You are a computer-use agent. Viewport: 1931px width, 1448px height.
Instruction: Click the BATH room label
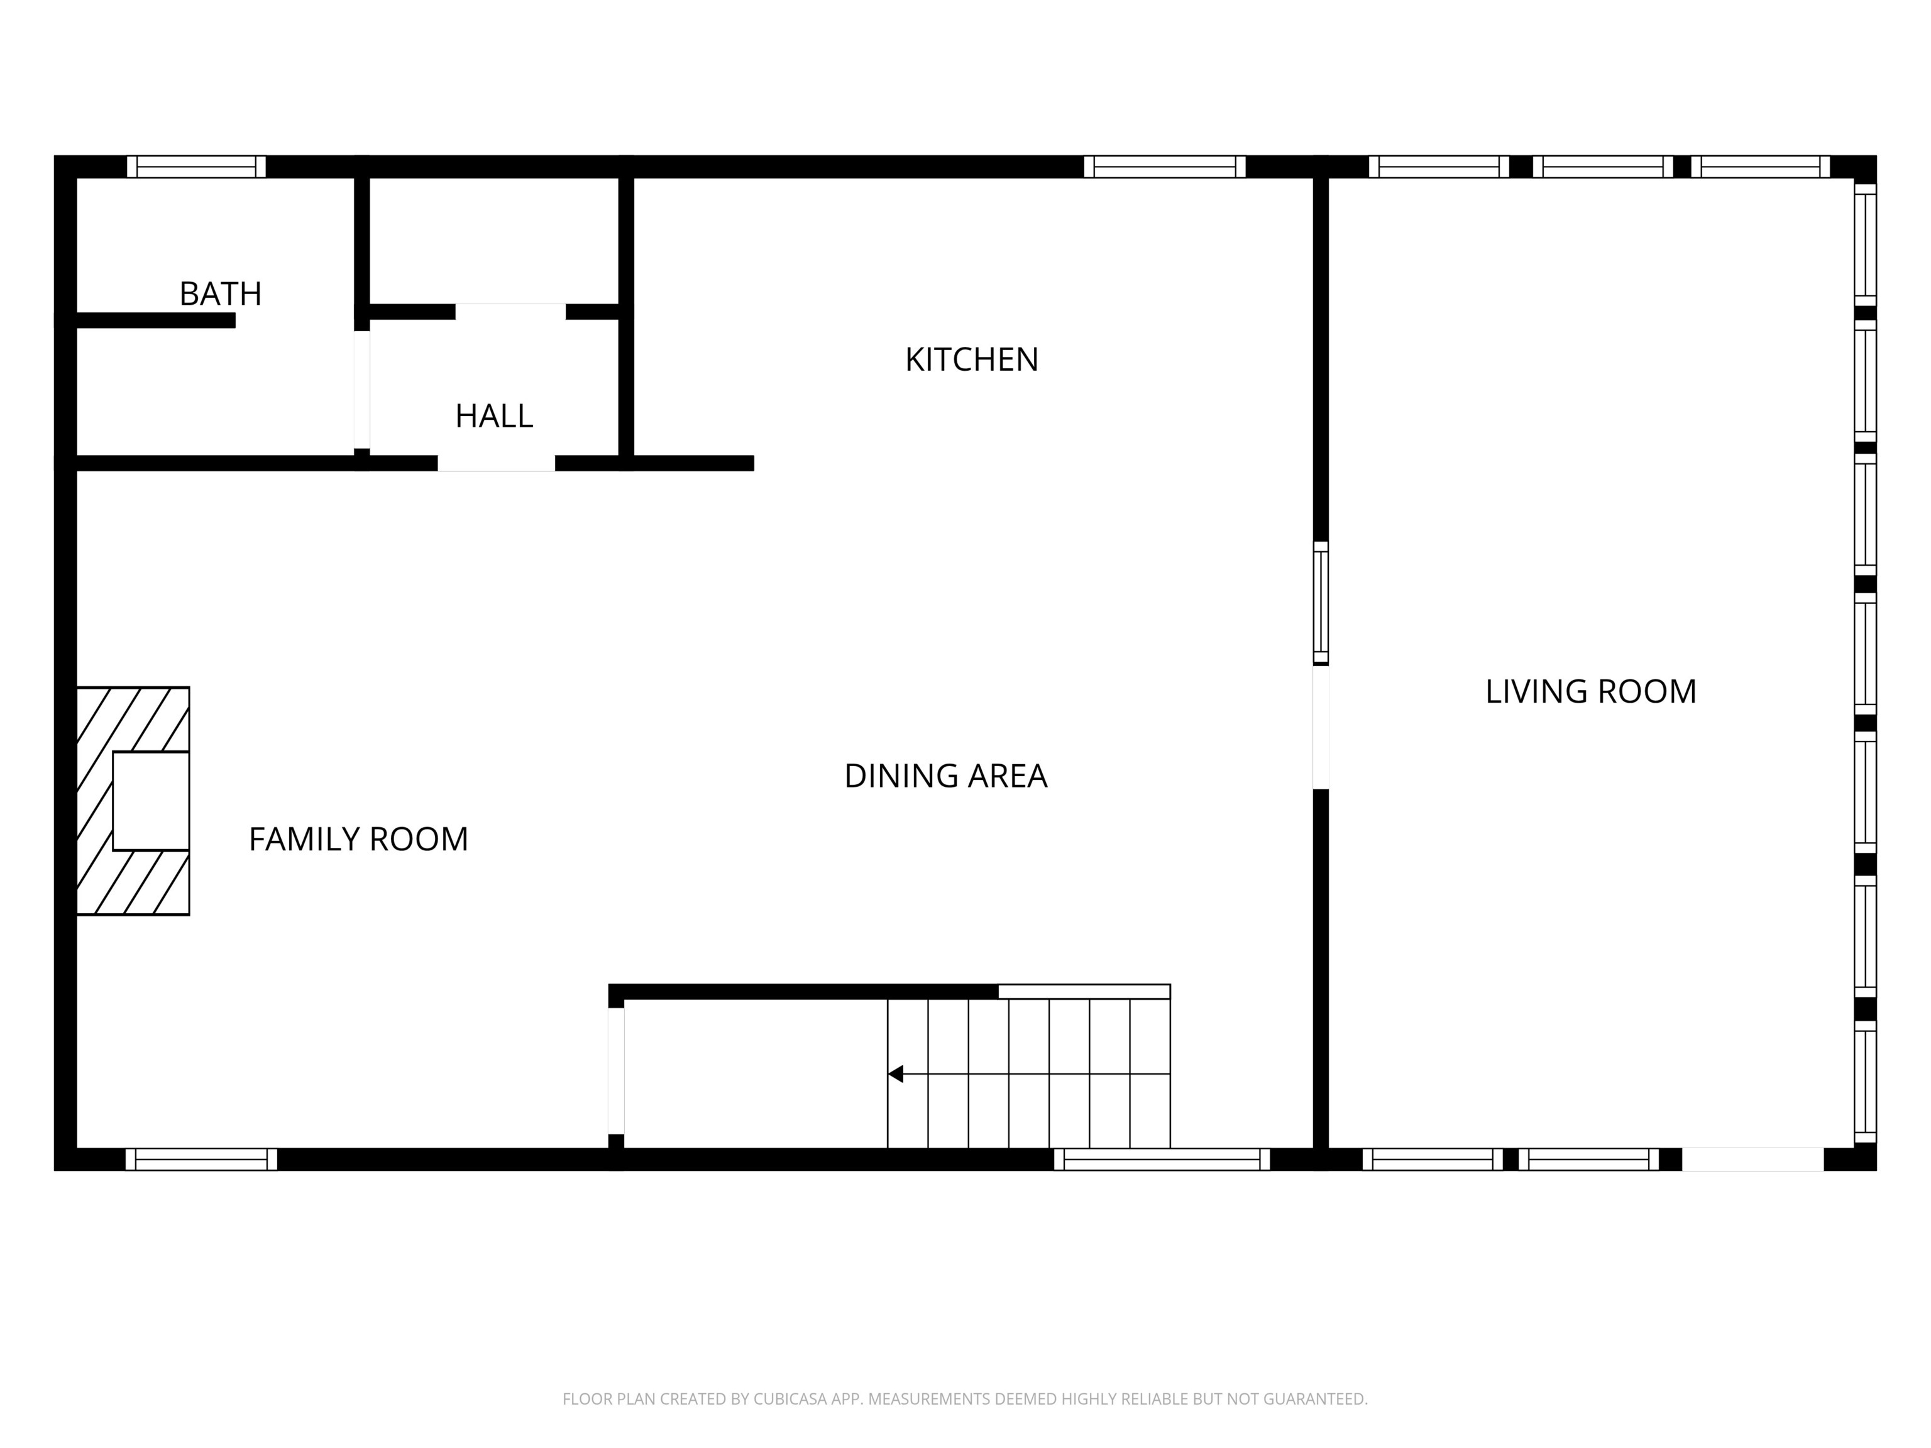pyautogui.click(x=220, y=294)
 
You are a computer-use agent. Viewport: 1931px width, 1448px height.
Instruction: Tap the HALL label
pyautogui.click(x=494, y=416)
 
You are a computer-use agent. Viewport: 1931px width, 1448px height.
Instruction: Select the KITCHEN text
pyautogui.click(x=972, y=359)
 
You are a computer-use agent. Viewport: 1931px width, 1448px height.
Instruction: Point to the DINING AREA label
pyautogui.click(x=945, y=776)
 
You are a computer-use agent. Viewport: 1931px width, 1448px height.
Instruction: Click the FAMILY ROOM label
pyautogui.click(x=358, y=840)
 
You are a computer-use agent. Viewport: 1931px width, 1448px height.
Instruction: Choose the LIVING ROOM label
pyautogui.click(x=1590, y=692)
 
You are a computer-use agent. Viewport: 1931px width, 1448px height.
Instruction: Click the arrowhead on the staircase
pyautogui.click(x=896, y=1073)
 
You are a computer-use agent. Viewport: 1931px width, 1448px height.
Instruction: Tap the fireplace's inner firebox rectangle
pyautogui.click(x=151, y=801)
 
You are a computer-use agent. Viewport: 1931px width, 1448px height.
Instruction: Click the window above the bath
pyautogui.click(x=196, y=167)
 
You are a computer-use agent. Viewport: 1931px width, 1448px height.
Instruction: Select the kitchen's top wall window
pyautogui.click(x=1165, y=167)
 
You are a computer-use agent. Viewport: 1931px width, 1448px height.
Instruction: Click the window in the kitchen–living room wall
pyautogui.click(x=1321, y=602)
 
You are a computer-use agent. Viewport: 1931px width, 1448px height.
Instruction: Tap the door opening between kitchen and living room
pyautogui.click(x=1321, y=728)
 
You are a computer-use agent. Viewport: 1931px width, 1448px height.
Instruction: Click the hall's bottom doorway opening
pyautogui.click(x=496, y=463)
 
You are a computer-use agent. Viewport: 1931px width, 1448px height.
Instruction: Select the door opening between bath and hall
pyautogui.click(x=361, y=389)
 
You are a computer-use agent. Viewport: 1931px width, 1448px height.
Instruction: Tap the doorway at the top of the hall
pyautogui.click(x=510, y=312)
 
